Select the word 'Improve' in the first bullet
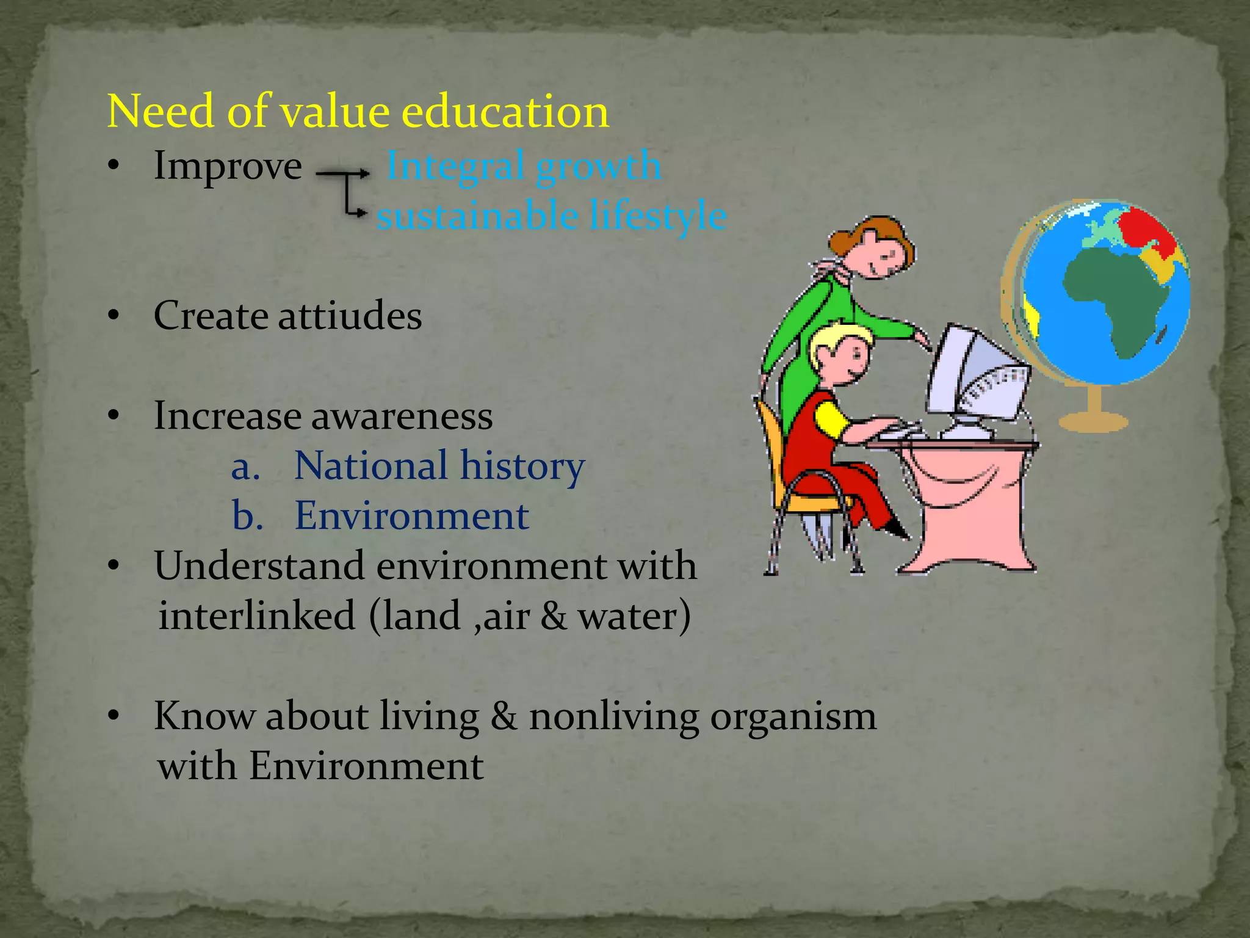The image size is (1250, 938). [x=228, y=165]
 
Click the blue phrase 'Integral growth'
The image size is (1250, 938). [x=524, y=165]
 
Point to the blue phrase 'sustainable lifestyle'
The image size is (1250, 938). [x=551, y=216]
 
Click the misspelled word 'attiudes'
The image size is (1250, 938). [x=350, y=316]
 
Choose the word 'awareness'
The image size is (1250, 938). [x=402, y=416]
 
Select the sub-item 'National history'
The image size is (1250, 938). [x=439, y=466]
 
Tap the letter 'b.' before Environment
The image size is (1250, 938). [x=247, y=516]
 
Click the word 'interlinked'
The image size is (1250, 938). [x=257, y=616]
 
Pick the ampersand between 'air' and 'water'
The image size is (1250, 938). [x=553, y=616]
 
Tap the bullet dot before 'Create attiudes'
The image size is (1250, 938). [x=113, y=316]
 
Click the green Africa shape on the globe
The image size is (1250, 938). [x=1117, y=293]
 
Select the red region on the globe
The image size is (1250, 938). [x=1144, y=229]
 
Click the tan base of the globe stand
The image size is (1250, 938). [x=1093, y=421]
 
